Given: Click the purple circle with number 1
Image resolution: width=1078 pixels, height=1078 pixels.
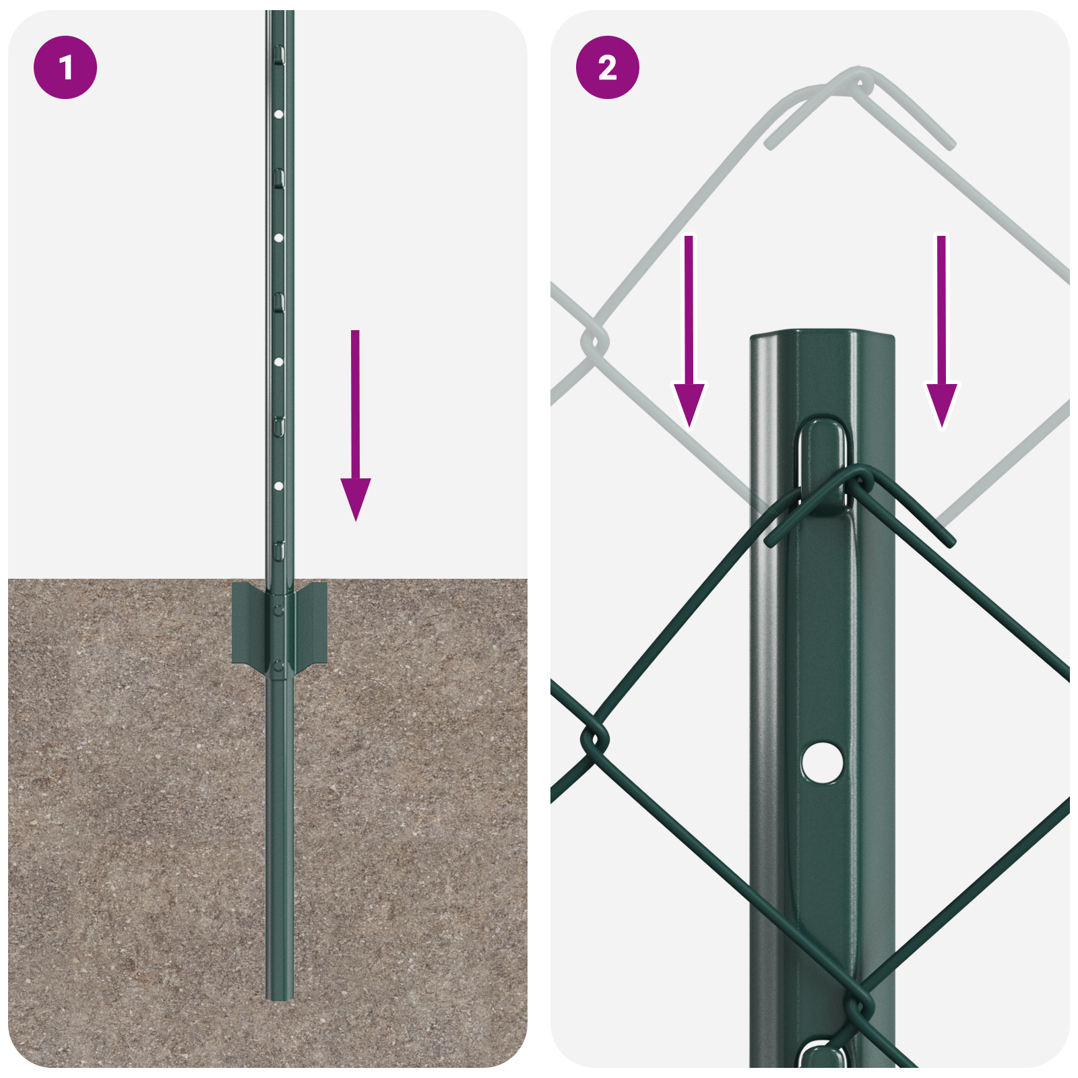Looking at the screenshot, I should coord(65,67).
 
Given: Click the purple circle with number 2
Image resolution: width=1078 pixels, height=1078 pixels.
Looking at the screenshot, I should coord(607,67).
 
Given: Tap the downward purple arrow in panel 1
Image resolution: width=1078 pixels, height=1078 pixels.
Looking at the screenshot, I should coord(355,431).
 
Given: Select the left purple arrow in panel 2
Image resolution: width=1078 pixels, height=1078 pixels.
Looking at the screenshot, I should coord(689,337).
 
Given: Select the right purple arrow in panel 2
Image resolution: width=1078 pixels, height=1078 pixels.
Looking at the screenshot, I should coord(941,337).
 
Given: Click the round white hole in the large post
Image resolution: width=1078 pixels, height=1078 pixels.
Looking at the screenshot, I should coord(822,762).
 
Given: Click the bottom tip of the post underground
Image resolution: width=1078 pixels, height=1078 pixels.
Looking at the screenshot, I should coord(279,997).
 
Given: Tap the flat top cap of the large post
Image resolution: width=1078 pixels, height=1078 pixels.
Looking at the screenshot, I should coord(822,334).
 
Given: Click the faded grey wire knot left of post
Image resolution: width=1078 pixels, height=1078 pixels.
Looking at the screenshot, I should coord(594,342).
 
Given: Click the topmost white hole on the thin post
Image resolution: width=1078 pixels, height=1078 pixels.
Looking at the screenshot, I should coord(278,115).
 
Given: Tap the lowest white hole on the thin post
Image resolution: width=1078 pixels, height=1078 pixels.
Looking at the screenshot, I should coord(278,486).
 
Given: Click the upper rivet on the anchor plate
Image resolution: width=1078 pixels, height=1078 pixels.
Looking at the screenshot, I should coord(278,610).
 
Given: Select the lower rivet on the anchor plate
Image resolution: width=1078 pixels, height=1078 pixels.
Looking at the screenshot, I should coord(278,667).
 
